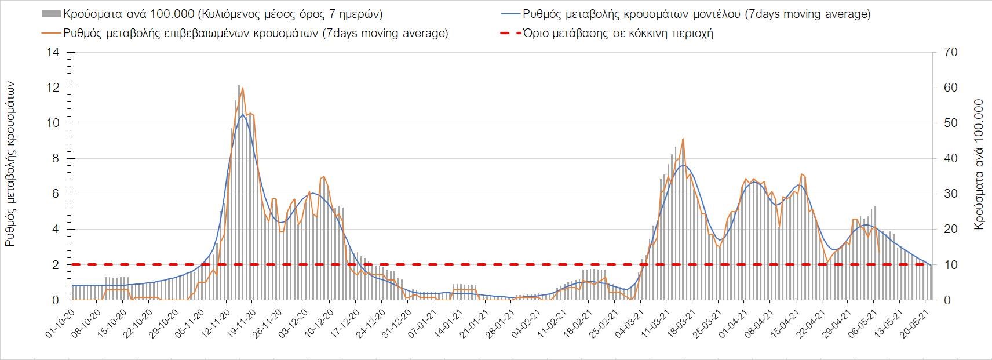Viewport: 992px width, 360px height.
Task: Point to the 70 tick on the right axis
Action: (950, 53)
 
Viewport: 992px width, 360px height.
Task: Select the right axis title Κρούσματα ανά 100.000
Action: (979, 164)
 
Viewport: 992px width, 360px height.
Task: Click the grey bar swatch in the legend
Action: (50, 14)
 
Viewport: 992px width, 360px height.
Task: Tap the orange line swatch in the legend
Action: (50, 33)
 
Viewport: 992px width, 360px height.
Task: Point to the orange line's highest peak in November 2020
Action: (242, 88)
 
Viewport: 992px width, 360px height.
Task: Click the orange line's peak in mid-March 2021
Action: (683, 139)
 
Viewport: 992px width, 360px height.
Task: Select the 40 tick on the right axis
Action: (950, 159)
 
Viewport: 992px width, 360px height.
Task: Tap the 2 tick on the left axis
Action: (56, 265)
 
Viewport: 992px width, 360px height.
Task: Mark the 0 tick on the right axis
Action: (947, 300)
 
